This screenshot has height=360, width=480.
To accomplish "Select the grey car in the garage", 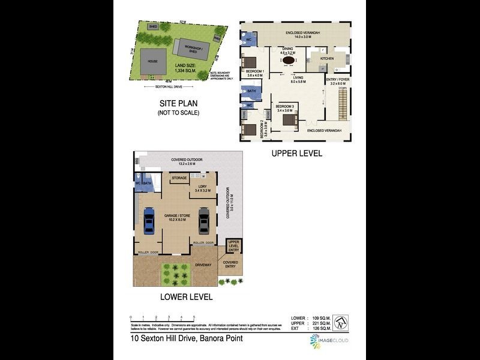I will (203, 220).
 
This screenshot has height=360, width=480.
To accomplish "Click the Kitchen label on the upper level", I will (326, 58).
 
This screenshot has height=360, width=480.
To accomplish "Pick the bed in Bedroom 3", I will (289, 120).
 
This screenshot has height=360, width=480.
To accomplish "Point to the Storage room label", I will (179, 178).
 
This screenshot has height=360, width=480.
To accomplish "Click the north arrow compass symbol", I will (340, 322).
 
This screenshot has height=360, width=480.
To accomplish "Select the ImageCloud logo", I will (329, 341).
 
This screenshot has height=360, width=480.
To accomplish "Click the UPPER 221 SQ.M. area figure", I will (310, 323).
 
